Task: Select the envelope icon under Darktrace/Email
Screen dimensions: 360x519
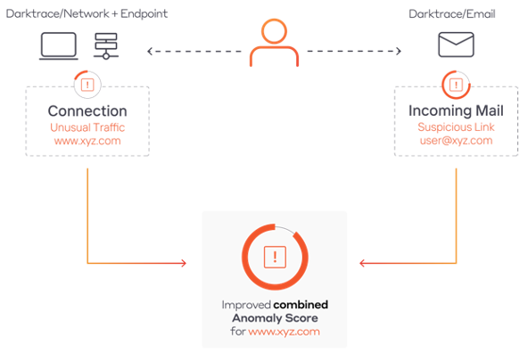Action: [455, 45]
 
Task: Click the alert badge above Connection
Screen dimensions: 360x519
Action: [87, 86]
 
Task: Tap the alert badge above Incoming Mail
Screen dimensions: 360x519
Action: [456, 86]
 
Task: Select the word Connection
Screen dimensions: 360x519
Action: [87, 112]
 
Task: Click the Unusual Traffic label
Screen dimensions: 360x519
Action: [87, 127]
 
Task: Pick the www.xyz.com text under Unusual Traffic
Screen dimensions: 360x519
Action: [87, 141]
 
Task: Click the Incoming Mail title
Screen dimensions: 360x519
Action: [456, 112]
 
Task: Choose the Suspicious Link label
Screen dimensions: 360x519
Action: [456, 127]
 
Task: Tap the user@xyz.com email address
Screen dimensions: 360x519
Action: [456, 141]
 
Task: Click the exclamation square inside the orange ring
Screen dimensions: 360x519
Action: [274, 257]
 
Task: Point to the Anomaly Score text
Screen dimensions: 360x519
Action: [274, 318]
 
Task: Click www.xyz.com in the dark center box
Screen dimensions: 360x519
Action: [284, 332]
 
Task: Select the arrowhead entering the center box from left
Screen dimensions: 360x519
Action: [183, 263]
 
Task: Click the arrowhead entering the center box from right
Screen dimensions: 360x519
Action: [362, 263]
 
